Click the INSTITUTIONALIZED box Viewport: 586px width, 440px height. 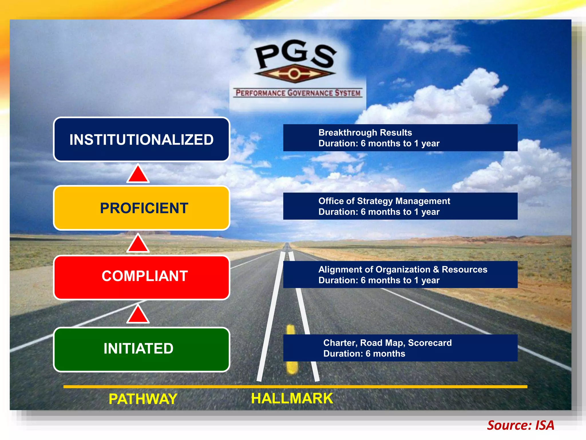pyautogui.click(x=142, y=140)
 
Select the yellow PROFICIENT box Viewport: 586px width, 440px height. pyautogui.click(x=142, y=208)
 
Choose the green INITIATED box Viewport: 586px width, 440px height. pyautogui.click(x=142, y=349)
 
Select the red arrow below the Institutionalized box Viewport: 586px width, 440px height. pyautogui.click(x=138, y=174)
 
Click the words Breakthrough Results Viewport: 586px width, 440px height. pyautogui.click(x=365, y=133)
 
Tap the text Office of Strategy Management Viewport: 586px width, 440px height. pyautogui.click(x=384, y=201)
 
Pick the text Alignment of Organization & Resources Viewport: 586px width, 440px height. pyautogui.click(x=403, y=270)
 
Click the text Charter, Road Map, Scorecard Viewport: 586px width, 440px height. pyautogui.click(x=387, y=343)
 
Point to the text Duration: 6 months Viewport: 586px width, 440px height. pyautogui.click(x=364, y=354)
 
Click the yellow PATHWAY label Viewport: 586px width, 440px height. pyautogui.click(x=143, y=399)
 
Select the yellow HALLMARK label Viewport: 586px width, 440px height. pyautogui.click(x=292, y=398)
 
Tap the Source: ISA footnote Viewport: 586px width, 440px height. pyautogui.click(x=520, y=425)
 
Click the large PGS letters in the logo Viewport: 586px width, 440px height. pyautogui.click(x=296, y=54)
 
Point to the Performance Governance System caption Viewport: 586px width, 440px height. pyautogui.click(x=298, y=93)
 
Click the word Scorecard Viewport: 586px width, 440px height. pyautogui.click(x=430, y=343)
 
